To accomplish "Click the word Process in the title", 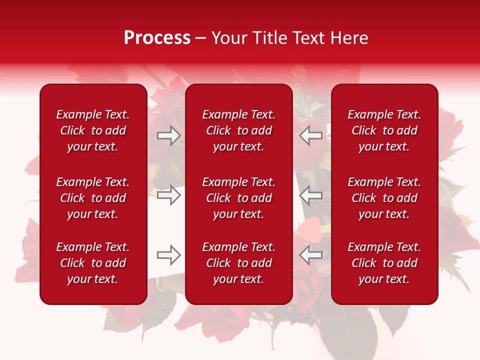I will (157, 38).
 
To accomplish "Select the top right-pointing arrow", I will (169, 135).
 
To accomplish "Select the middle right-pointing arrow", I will (169, 195).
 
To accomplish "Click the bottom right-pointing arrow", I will (169, 255).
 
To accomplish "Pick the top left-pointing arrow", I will (310, 135).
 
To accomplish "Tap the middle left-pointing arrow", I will (310, 195).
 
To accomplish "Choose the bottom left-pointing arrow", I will (310, 255).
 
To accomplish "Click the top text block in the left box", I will (93, 130).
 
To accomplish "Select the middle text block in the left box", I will (93, 198).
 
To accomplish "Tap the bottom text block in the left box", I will (93, 263).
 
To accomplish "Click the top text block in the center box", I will (239, 130).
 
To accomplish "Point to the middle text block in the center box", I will (239, 198).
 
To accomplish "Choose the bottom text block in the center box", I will (239, 263).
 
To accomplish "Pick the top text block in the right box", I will (384, 130).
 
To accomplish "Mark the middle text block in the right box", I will (384, 198).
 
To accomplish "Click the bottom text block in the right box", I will (384, 263).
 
